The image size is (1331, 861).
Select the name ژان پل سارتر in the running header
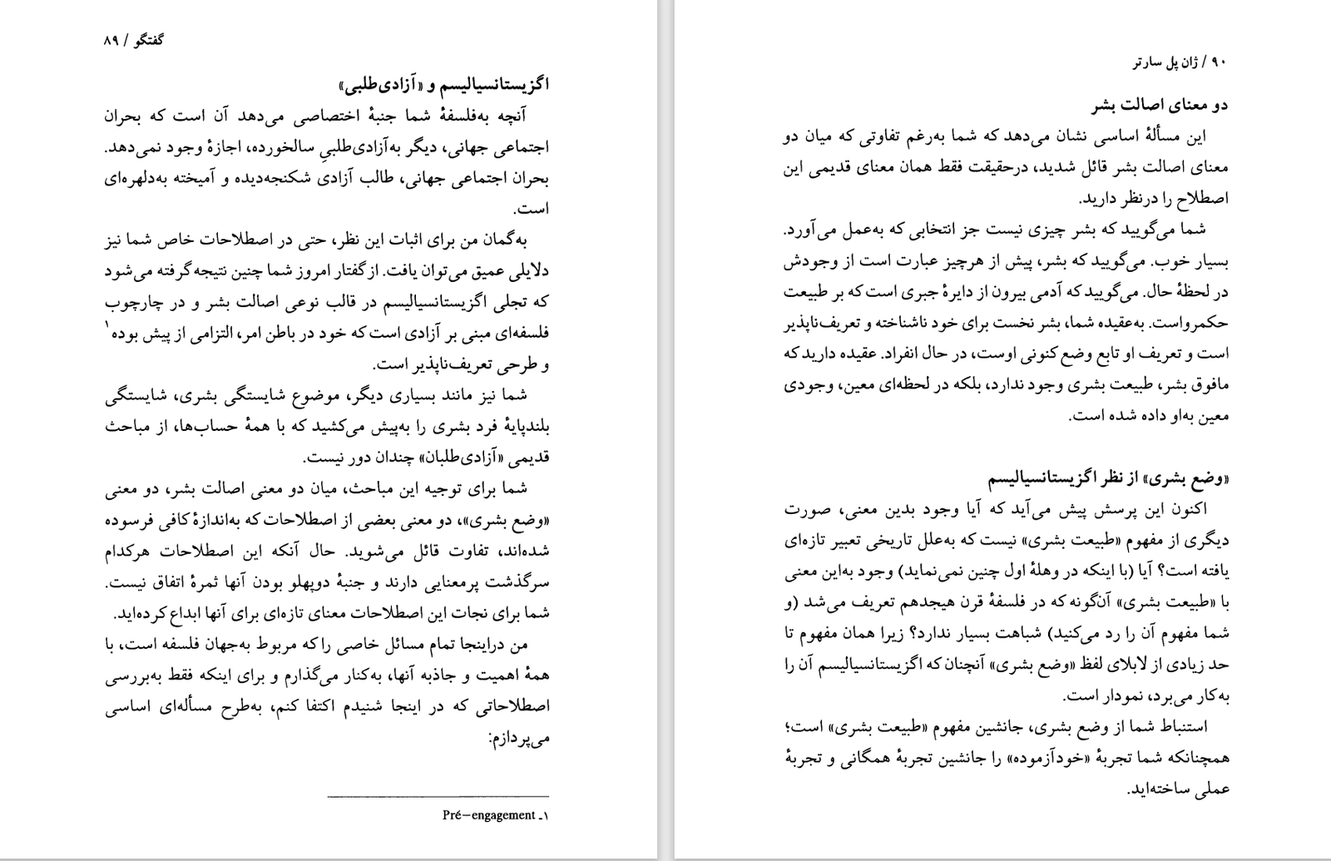click(x=1170, y=62)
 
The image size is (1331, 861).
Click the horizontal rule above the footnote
click(x=438, y=796)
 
